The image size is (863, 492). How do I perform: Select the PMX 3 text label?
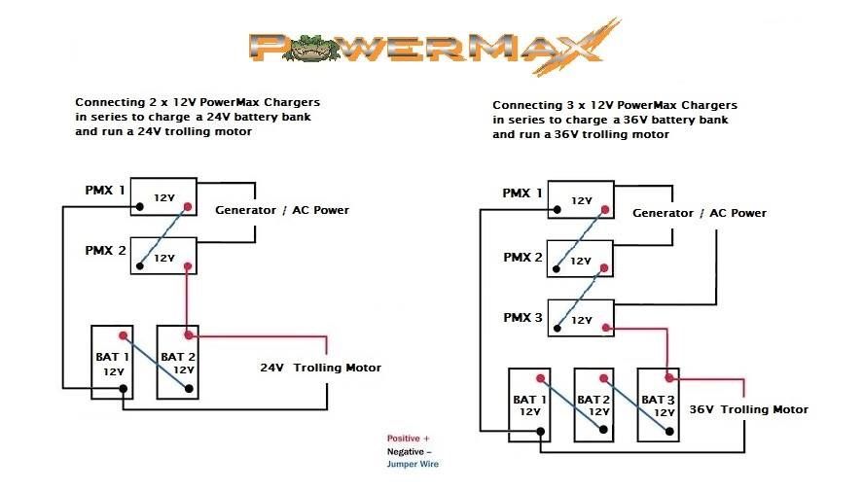click(522, 318)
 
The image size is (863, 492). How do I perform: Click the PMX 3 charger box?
click(581, 318)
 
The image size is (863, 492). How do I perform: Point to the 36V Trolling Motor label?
click(748, 409)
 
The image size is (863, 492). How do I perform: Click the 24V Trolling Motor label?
click(320, 368)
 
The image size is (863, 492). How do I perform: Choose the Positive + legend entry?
click(408, 439)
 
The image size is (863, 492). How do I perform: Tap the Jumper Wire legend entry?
click(413, 464)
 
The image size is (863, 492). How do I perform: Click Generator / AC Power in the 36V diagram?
click(699, 213)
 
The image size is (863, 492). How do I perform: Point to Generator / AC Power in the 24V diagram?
click(281, 210)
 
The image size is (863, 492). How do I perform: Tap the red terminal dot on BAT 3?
click(668, 378)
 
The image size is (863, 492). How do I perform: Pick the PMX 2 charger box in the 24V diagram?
click(163, 255)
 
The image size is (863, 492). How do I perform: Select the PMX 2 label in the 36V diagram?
click(522, 258)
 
